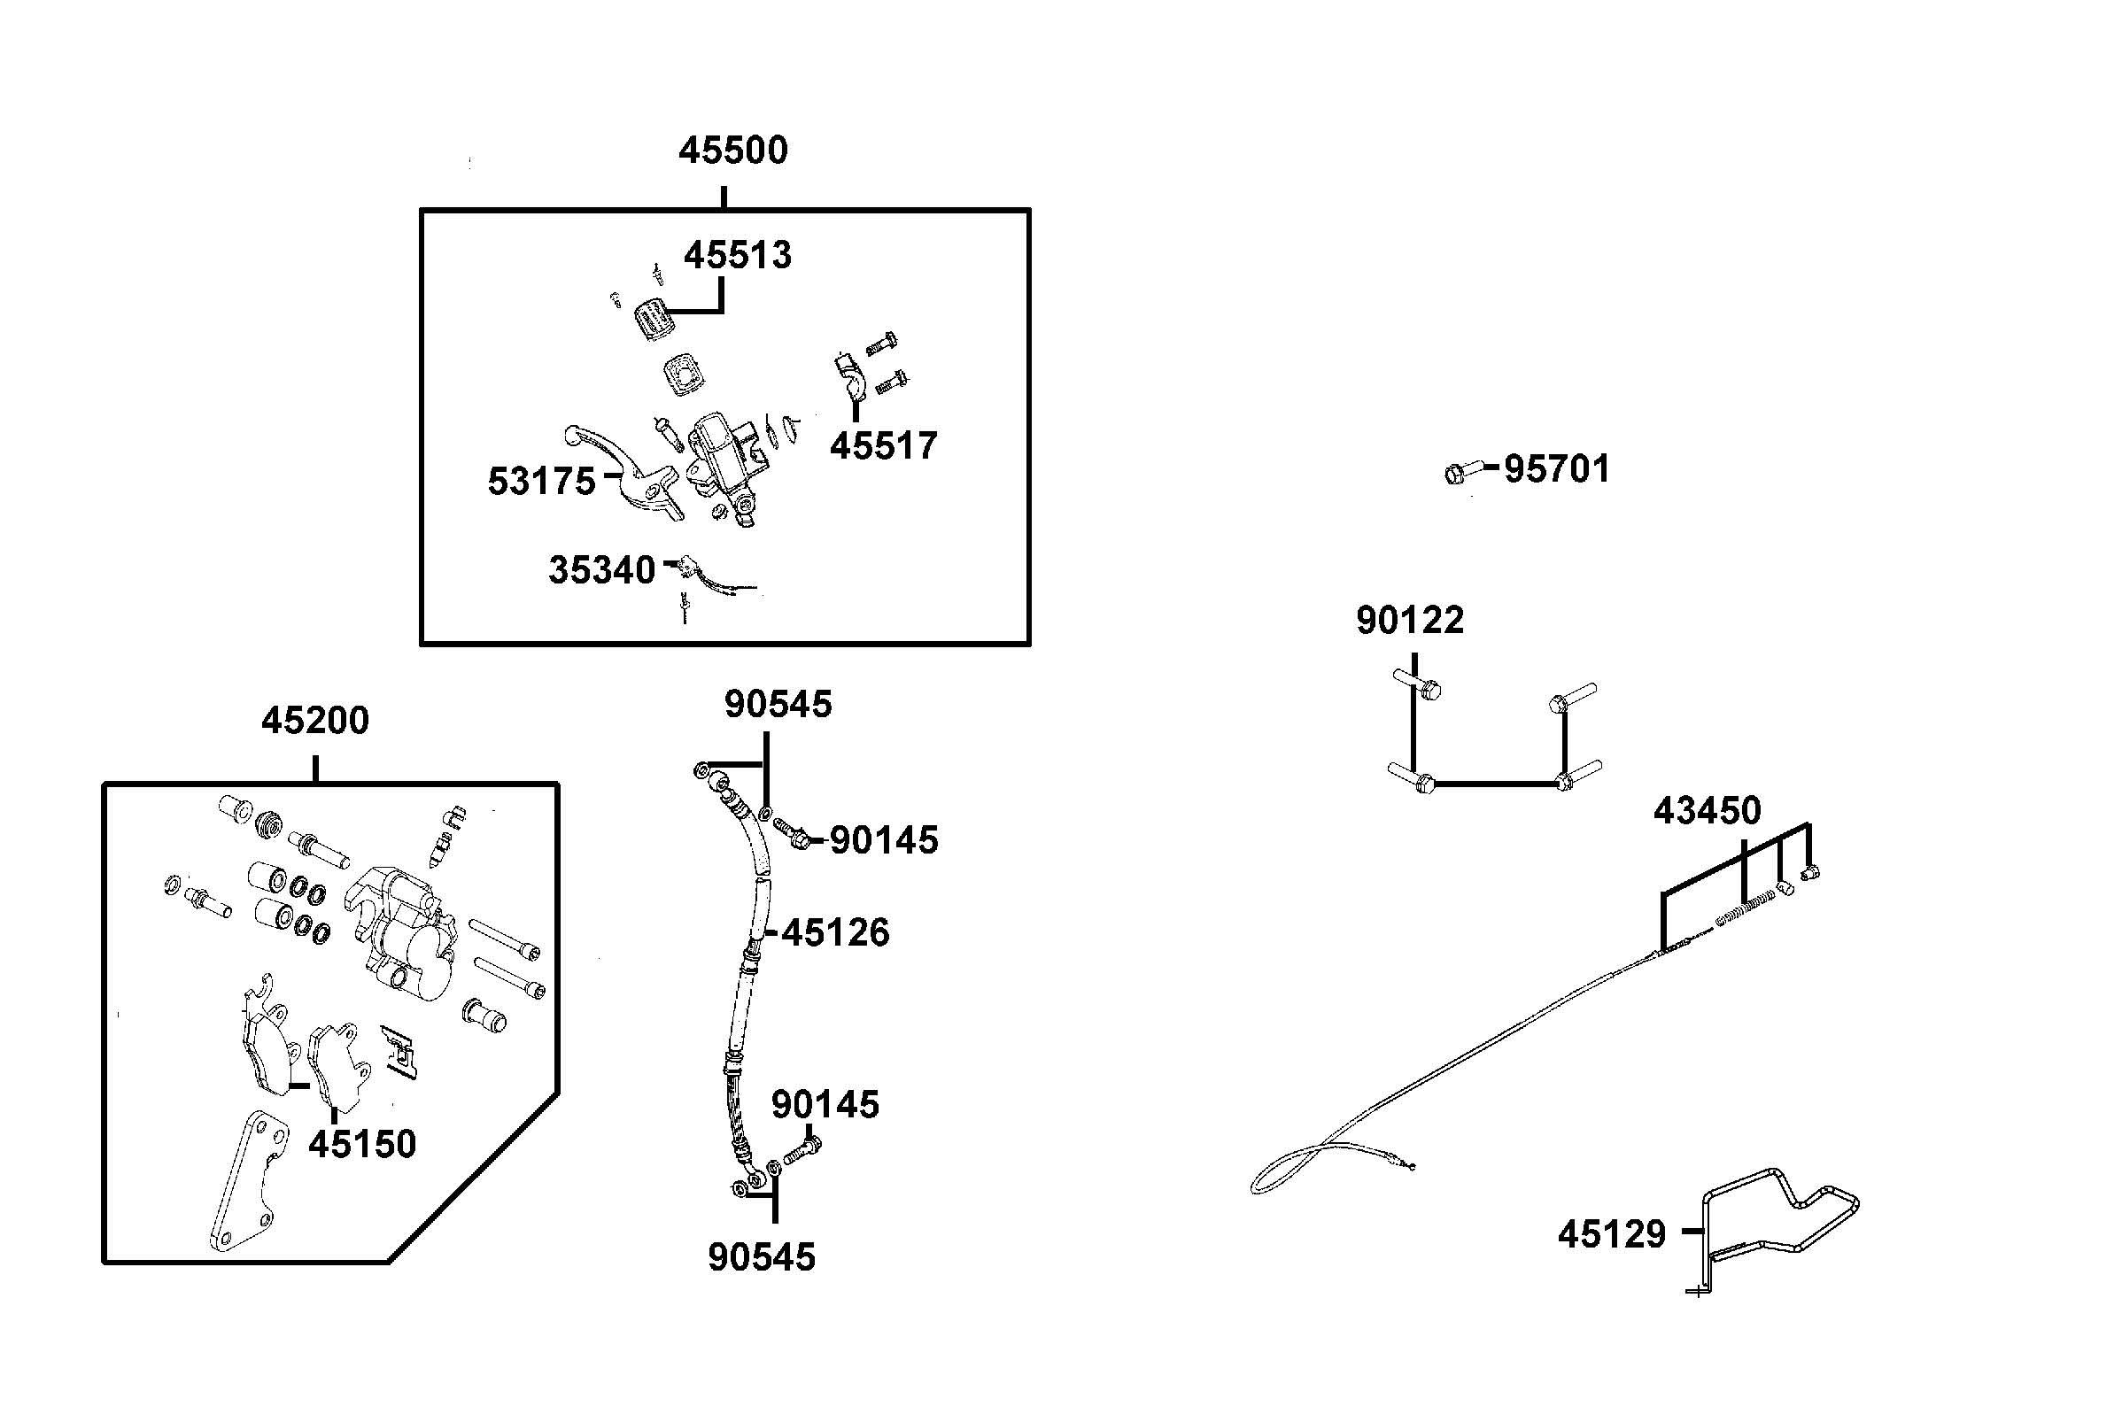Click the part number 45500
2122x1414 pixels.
click(732, 151)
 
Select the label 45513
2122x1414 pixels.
click(737, 255)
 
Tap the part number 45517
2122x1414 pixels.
click(883, 445)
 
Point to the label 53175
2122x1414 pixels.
click(541, 482)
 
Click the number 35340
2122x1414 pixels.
click(601, 570)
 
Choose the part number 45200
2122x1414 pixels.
click(314, 721)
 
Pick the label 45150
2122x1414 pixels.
click(361, 1143)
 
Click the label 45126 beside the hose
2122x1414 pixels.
click(835, 932)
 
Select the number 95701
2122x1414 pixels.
click(1556, 469)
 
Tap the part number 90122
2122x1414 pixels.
click(1410, 621)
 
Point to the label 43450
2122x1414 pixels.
click(1707, 811)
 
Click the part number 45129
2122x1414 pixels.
click(1612, 1234)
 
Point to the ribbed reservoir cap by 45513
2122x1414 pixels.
click(654, 320)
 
